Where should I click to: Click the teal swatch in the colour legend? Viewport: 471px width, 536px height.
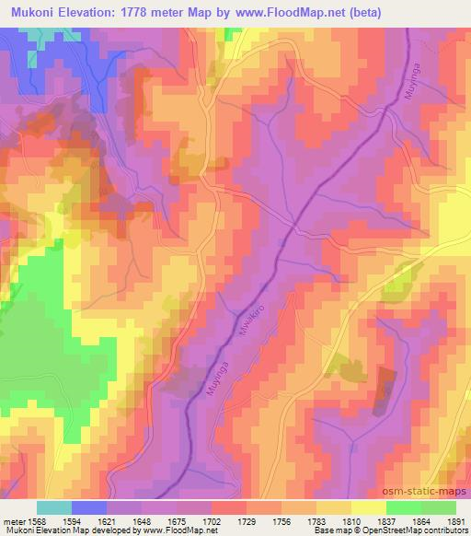53,507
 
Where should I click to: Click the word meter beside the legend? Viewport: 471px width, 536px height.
13,521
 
